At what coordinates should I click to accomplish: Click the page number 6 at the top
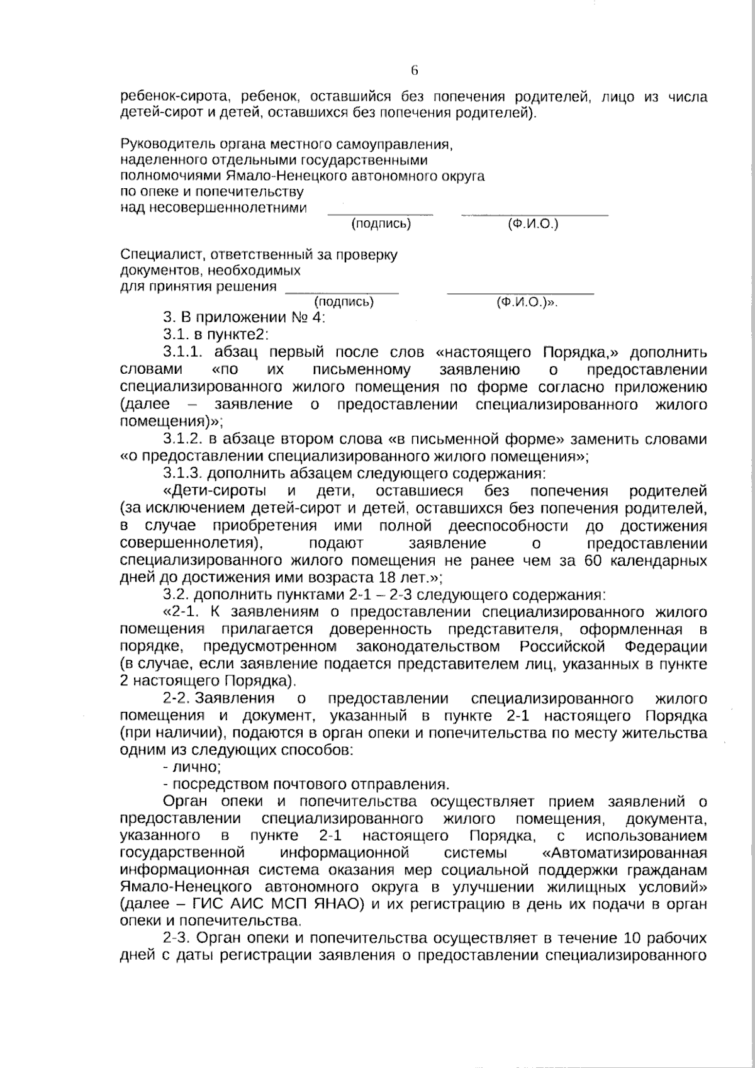click(415, 70)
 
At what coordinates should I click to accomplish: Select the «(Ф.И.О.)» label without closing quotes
click(532, 224)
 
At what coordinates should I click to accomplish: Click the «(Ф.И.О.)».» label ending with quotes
click(527, 302)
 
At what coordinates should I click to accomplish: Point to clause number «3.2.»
click(176, 595)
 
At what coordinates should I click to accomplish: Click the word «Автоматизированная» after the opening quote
click(629, 853)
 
